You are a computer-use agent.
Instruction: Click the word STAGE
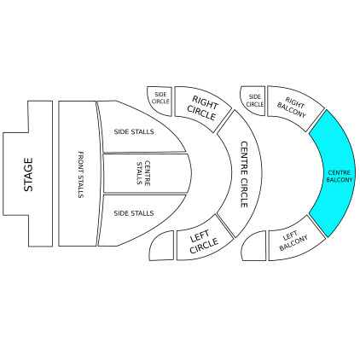pyautogui.click(x=28, y=175)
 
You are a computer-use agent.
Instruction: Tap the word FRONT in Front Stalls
pyautogui.click(x=81, y=162)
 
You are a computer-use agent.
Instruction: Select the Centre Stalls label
pyautogui.click(x=143, y=173)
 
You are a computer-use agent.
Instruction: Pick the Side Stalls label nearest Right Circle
pyautogui.click(x=134, y=131)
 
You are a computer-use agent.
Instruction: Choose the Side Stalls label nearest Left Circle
pyautogui.click(x=134, y=213)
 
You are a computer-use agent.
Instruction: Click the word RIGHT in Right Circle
pyautogui.click(x=205, y=102)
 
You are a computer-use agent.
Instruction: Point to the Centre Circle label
pyautogui.click(x=244, y=174)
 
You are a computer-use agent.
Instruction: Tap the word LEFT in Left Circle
pyautogui.click(x=200, y=236)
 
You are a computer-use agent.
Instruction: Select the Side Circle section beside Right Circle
pyautogui.click(x=160, y=101)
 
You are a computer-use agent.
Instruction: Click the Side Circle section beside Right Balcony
pyautogui.click(x=253, y=101)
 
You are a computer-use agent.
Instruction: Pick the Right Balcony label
pyautogui.click(x=293, y=107)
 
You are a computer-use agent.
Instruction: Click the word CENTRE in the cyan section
pyautogui.click(x=340, y=172)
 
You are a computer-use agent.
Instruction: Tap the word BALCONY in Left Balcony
pyautogui.click(x=293, y=243)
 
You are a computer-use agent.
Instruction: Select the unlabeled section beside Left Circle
pyautogui.click(x=162, y=246)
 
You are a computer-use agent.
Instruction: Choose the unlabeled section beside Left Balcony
pyautogui.click(x=254, y=246)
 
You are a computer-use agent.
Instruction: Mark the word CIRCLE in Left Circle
pyautogui.click(x=204, y=246)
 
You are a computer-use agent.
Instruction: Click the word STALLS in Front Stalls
pyautogui.click(x=81, y=187)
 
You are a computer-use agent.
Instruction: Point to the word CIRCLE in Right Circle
pyautogui.click(x=201, y=113)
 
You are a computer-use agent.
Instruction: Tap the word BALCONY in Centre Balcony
pyautogui.click(x=340, y=180)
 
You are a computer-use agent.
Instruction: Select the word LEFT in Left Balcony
pyautogui.click(x=290, y=236)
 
